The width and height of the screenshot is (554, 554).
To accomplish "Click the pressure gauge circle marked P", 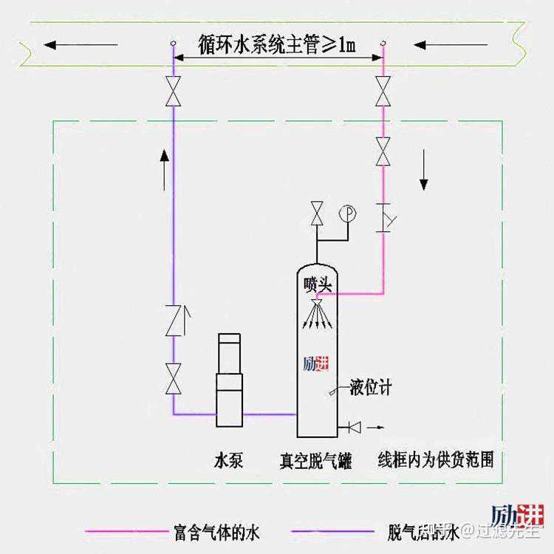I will [346, 213].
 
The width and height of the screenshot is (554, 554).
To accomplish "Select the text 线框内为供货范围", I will [435, 459].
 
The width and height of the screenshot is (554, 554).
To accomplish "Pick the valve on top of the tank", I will [317, 214].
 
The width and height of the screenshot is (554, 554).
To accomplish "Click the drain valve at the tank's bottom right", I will [354, 426].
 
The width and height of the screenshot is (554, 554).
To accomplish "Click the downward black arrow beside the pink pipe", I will [424, 169].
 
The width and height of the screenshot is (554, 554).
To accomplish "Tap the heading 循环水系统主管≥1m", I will [276, 45].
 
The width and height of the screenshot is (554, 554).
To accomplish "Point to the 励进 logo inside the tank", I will [315, 364].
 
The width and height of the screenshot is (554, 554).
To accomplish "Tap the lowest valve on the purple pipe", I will [174, 378].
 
